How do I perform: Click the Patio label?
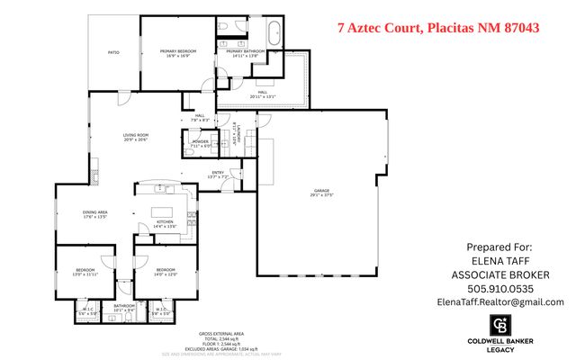tap(113, 53)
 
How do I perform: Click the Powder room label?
tap(200, 143)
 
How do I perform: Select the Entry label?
tap(218, 174)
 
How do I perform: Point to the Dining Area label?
tap(95, 214)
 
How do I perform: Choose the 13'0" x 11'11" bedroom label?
tap(85, 272)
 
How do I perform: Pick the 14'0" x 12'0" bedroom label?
tap(165, 272)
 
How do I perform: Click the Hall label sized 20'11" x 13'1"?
tap(264, 94)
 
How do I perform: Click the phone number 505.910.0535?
tap(499, 288)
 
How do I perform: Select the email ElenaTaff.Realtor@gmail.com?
tap(499, 302)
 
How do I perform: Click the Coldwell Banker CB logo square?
tap(501, 325)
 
